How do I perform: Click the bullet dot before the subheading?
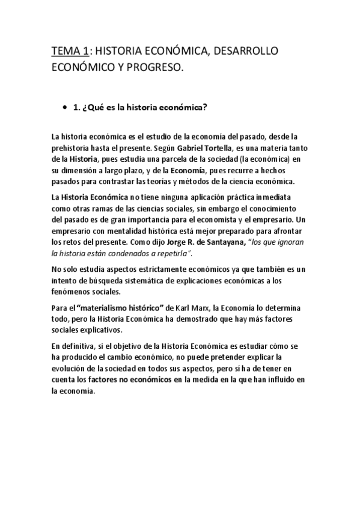64,108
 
